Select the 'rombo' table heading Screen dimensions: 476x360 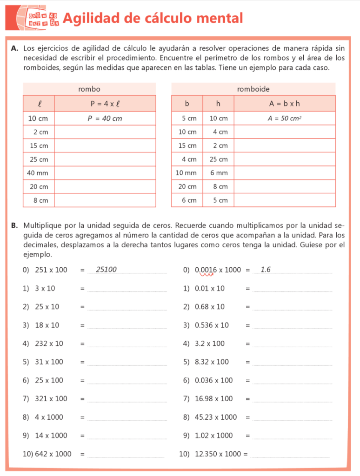89,89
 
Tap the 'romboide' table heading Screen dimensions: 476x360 253,89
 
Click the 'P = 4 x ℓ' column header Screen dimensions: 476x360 105,104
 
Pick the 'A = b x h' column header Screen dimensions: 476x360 284,104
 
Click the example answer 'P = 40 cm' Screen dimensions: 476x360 105,119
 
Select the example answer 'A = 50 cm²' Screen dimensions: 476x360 284,119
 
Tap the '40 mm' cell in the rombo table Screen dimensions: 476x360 38,173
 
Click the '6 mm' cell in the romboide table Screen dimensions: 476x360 219,173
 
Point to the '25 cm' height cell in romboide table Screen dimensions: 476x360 219,159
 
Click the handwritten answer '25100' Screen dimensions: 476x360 106,269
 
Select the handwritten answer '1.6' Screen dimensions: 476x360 266,269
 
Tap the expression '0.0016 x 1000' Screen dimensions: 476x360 218,270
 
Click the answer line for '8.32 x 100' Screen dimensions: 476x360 292,365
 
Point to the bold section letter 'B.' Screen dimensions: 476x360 14,225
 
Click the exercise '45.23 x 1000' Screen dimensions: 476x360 216,417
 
